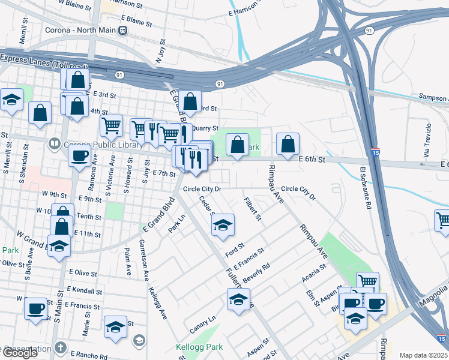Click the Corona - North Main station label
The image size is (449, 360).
pos(80,30)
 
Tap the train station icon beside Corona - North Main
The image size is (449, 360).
pos(122,30)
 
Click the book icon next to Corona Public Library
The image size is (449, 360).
pos(55,143)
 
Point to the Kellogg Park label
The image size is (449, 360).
pos(199,347)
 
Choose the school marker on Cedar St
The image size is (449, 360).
pos(223,226)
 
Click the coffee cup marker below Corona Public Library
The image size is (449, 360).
pos(79,157)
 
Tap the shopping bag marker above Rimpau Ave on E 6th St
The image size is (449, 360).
pos(288,144)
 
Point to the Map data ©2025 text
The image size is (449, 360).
pos(424,355)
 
